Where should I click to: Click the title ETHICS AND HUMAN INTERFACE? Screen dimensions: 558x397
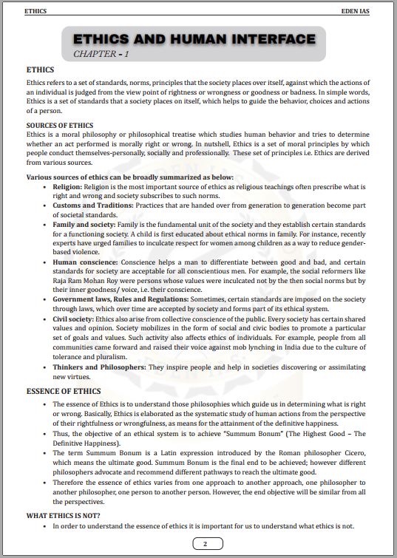point(194,39)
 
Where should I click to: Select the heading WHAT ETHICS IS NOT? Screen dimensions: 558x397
point(64,514)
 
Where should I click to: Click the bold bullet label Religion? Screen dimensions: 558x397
point(72,188)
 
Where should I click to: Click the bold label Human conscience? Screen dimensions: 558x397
point(85,261)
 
